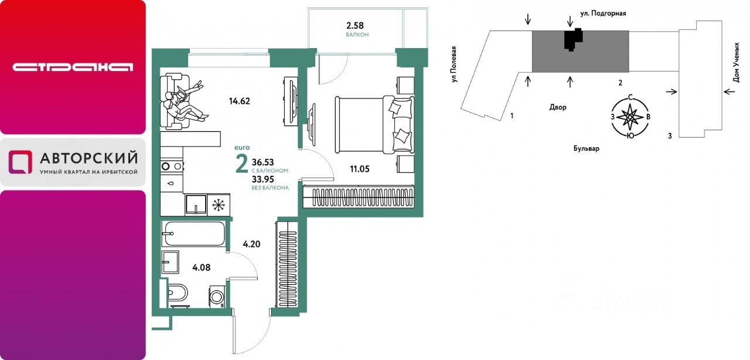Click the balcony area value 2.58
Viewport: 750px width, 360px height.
coord(355,25)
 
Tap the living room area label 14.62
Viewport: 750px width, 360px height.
coord(240,101)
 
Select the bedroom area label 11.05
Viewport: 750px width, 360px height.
coord(360,169)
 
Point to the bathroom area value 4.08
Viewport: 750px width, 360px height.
coord(201,267)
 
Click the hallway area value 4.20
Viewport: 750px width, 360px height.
coord(251,244)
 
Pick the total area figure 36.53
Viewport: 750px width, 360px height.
coord(263,162)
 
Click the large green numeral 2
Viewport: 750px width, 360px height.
coord(242,165)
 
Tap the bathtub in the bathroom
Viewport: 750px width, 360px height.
coord(193,233)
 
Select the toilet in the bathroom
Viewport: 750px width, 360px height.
coord(178,294)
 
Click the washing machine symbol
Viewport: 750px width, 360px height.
coord(217,296)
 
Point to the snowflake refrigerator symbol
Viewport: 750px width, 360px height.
coord(219,205)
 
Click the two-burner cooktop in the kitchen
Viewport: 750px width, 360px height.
coord(172,167)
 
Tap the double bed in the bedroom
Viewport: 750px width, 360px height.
coord(374,125)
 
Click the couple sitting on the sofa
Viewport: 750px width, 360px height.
coord(185,101)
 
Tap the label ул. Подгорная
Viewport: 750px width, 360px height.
coord(603,13)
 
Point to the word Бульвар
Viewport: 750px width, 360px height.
coord(587,148)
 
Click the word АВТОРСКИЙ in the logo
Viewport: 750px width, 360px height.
coord(88,158)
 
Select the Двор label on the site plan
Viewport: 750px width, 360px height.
coord(558,107)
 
